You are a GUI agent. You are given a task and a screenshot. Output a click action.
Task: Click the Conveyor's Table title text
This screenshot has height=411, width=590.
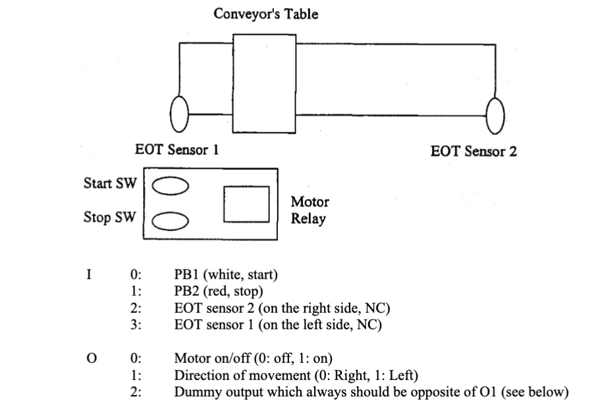click(265, 14)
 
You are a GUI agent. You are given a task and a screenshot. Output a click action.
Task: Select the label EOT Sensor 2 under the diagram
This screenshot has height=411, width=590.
click(473, 151)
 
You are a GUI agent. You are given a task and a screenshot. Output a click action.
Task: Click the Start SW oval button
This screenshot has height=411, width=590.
click(171, 186)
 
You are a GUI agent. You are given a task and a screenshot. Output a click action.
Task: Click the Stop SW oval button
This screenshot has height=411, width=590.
click(171, 219)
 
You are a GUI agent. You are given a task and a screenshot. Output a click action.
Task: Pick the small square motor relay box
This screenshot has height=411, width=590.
click(246, 204)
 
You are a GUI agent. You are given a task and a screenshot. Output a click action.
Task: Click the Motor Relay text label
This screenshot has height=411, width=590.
click(309, 211)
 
